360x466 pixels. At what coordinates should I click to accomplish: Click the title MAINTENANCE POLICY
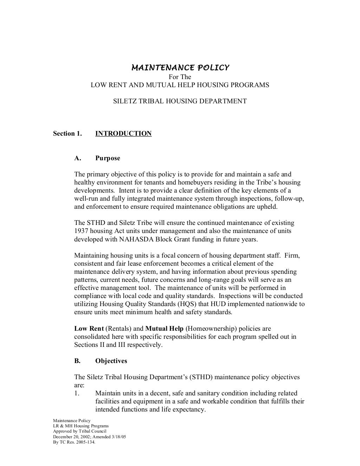click(180, 67)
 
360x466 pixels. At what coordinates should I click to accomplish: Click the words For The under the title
click(180, 77)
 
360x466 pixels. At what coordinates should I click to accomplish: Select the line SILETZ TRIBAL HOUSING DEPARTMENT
click(180, 101)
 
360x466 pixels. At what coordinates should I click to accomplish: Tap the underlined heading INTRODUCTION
click(123, 134)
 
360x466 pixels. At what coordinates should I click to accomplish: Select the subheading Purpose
click(108, 158)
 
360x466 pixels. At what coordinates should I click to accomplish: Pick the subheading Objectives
click(111, 361)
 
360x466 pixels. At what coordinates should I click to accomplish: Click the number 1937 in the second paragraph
click(81, 231)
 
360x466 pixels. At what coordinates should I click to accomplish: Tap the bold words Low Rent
click(89, 329)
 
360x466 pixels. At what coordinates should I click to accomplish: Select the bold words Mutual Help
click(164, 329)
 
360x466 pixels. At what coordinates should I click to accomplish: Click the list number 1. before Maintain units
click(77, 393)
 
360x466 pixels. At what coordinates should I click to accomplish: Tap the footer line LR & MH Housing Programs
click(81, 426)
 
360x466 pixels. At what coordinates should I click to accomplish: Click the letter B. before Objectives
click(77, 361)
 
